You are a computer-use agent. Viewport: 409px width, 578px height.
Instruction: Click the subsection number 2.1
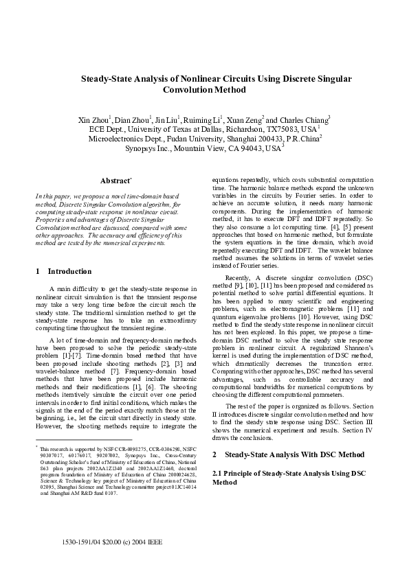click(219, 474)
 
